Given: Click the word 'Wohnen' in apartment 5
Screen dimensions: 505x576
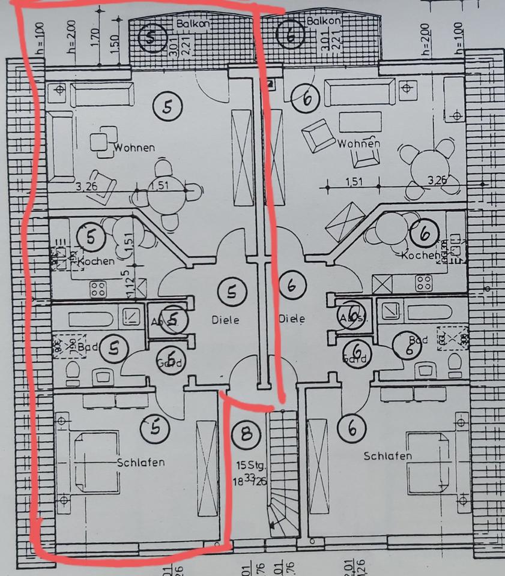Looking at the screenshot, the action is point(135,148).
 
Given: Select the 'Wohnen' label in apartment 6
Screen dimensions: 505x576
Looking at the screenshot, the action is point(358,144).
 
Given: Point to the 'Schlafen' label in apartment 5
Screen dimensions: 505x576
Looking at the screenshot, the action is point(141,463).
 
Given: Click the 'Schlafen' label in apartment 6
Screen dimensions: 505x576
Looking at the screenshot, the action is point(388,457).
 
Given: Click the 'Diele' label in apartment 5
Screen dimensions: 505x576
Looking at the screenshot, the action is point(225,320).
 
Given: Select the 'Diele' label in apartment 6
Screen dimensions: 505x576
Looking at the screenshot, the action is point(292,319).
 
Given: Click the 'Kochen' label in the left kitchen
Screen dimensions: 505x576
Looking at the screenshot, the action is point(95,262).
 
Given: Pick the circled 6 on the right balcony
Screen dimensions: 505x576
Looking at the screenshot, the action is point(291,35).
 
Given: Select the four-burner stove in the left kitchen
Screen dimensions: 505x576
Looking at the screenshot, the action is point(97,288).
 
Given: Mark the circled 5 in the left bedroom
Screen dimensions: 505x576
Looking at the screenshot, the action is point(155,428).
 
